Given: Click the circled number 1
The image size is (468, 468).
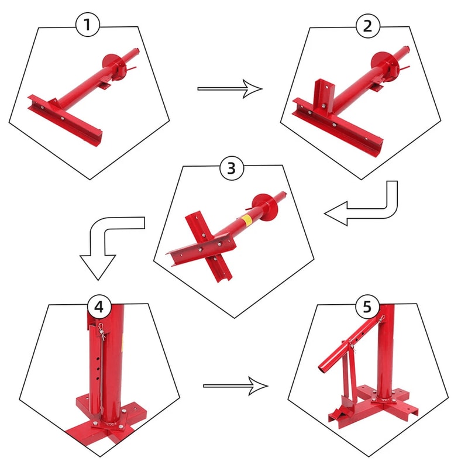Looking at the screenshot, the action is [x=87, y=25].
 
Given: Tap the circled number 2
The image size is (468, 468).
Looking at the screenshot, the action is [x=368, y=26].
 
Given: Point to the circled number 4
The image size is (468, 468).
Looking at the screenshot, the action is [x=99, y=307].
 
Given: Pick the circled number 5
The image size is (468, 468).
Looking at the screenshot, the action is [x=367, y=307].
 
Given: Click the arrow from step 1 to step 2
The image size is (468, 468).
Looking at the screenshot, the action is [x=230, y=89].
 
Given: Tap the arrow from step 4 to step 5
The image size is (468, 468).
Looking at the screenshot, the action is [x=236, y=386].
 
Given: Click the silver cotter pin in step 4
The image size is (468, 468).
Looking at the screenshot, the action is [x=102, y=331].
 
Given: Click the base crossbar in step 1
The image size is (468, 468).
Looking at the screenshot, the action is [x=65, y=120].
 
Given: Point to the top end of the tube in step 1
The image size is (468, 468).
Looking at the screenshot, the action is [x=136, y=50].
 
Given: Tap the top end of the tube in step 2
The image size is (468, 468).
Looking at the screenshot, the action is [x=406, y=49].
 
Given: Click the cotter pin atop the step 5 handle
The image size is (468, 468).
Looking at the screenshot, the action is [x=382, y=319].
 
